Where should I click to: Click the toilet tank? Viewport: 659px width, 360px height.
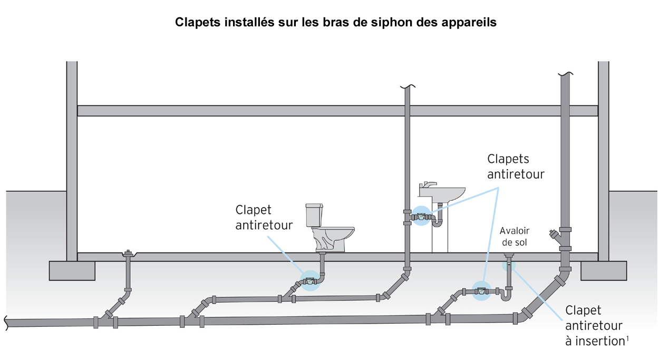(x=314, y=214)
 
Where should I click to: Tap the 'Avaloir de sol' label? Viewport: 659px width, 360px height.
(x=514, y=237)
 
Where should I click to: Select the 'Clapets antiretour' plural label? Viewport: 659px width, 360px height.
(x=515, y=166)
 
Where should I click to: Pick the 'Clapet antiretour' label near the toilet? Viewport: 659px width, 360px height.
(x=264, y=218)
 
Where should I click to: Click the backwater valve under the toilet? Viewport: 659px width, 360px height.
(x=309, y=281)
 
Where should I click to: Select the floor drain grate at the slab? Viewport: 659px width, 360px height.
(x=509, y=256)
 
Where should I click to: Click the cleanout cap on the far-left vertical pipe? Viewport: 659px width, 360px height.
(x=127, y=254)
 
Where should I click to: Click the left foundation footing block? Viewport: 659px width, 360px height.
(x=72, y=270)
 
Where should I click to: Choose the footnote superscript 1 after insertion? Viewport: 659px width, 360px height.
(x=627, y=338)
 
